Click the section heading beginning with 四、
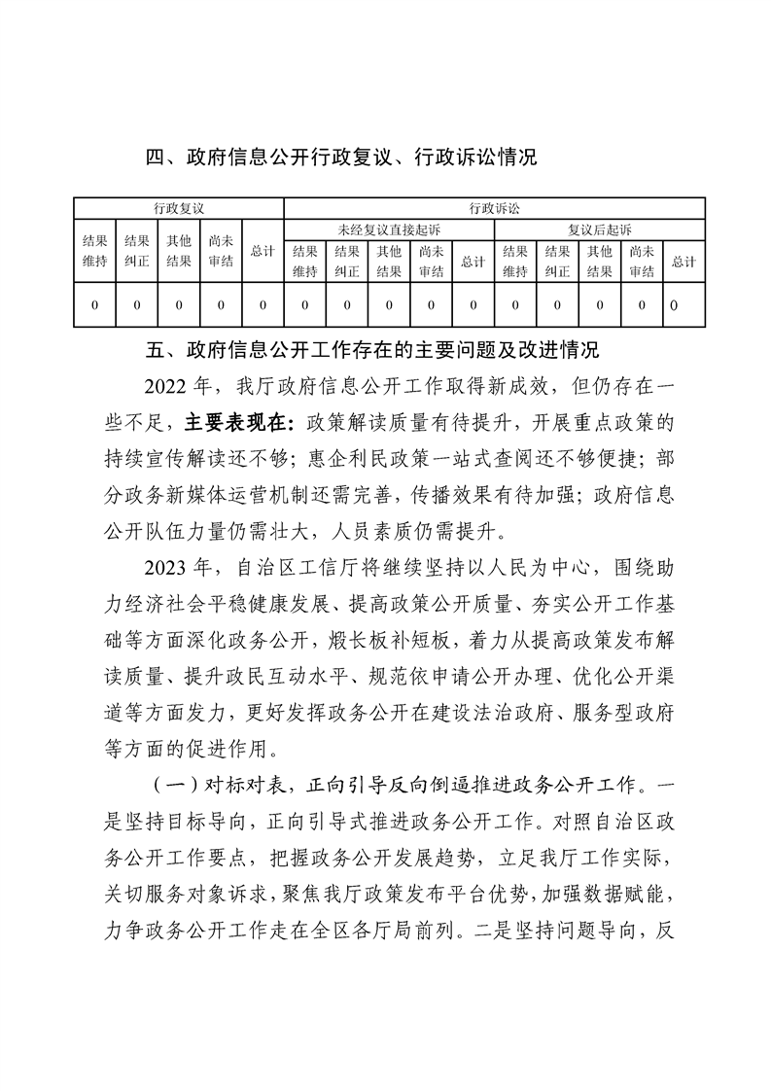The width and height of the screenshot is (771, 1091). tap(340, 157)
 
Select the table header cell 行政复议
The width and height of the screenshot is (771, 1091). tap(178, 208)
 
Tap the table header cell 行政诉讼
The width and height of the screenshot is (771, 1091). tap(493, 208)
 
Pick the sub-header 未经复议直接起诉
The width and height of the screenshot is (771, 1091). tap(388, 229)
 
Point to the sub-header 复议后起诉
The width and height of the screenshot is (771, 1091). tap(599, 229)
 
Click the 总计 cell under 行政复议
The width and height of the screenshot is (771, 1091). tap(263, 251)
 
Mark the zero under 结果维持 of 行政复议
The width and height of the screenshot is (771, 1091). tap(94, 305)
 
